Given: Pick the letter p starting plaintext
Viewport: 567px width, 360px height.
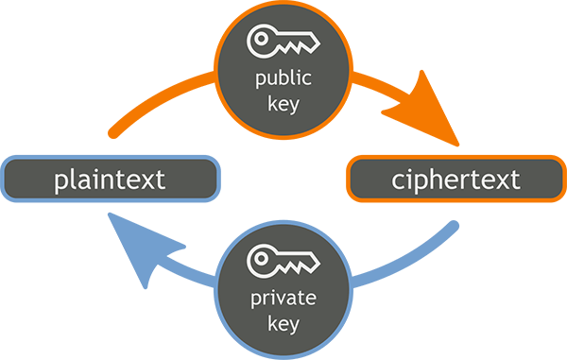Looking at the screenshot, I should [61, 181].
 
